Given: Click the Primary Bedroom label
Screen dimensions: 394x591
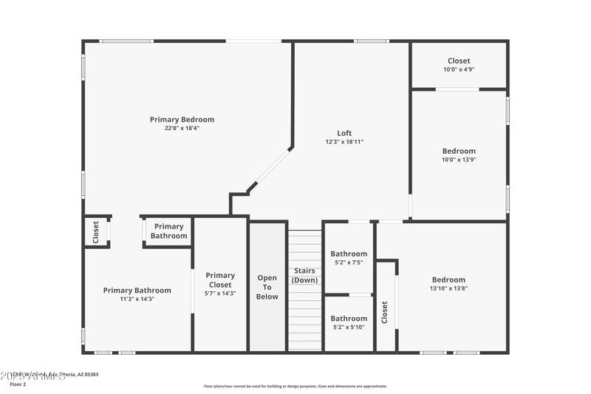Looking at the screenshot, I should pyautogui.click(x=182, y=119).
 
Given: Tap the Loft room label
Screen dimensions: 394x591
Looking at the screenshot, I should pyautogui.click(x=344, y=133).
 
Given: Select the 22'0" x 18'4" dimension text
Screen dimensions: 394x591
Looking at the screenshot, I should pyautogui.click(x=182, y=129).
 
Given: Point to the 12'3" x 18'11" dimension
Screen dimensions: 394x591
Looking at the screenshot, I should pyautogui.click(x=344, y=142).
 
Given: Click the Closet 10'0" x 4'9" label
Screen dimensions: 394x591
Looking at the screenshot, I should pyautogui.click(x=458, y=61).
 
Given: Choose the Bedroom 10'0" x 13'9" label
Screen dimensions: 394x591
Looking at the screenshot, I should pyautogui.click(x=459, y=151).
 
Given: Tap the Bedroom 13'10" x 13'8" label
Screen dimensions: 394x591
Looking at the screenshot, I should pyautogui.click(x=448, y=279).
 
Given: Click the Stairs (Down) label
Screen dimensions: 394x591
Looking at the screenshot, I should pyautogui.click(x=304, y=275).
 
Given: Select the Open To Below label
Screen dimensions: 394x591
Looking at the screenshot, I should pyautogui.click(x=267, y=287).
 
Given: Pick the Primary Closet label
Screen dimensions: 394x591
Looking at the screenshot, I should pyautogui.click(x=220, y=279).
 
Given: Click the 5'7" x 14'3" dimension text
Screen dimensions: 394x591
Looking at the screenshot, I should pyautogui.click(x=220, y=293).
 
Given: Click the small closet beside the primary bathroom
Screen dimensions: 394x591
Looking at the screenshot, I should pyautogui.click(x=96, y=231).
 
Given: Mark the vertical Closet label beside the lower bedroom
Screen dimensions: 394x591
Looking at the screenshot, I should pyautogui.click(x=384, y=312).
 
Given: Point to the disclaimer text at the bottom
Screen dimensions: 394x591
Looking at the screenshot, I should pyautogui.click(x=295, y=386).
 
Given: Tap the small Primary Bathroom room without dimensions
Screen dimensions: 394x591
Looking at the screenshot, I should pyautogui.click(x=168, y=231).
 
